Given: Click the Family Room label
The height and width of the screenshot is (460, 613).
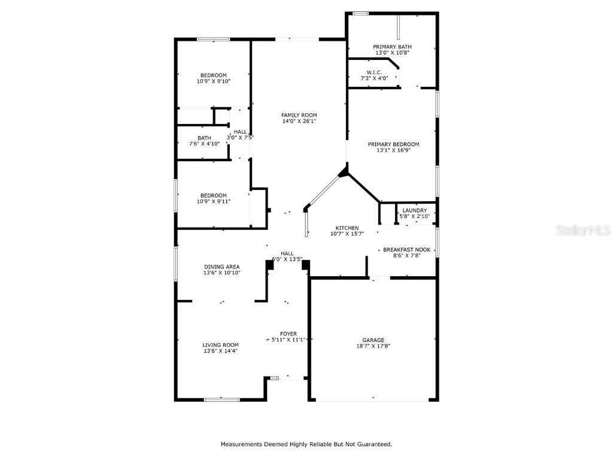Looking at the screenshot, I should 299,115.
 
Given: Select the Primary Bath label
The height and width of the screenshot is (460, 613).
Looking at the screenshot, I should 392,47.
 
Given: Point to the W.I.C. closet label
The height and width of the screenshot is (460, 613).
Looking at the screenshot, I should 374,72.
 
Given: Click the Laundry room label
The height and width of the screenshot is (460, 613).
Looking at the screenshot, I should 414,210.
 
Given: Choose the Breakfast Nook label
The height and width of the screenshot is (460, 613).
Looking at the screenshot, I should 406,249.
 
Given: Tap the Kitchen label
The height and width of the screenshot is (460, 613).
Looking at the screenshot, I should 347,228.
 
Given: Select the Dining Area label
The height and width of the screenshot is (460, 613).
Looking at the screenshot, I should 221,267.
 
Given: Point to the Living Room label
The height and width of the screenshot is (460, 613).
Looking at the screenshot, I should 220,345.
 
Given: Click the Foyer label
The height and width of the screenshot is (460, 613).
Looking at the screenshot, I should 288,334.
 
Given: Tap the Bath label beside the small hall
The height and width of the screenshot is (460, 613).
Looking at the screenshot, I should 204,138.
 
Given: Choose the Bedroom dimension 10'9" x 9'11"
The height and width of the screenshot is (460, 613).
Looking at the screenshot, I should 214,201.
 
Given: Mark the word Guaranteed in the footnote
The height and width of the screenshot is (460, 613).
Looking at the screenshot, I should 373,444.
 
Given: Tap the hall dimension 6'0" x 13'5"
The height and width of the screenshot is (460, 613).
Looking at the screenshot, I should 287,259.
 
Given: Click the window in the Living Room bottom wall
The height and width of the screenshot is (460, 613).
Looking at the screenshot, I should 221,399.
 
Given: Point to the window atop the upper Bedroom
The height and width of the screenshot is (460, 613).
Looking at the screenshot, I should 214,40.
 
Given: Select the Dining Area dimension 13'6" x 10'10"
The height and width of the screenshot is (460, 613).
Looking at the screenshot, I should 221,273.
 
